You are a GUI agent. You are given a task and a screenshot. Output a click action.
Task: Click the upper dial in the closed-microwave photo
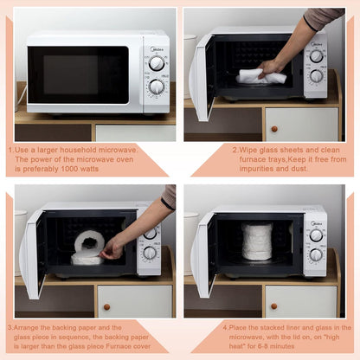pyautogui.click(x=157, y=64)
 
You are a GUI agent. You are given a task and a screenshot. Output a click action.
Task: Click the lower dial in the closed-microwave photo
pyautogui.click(x=157, y=87)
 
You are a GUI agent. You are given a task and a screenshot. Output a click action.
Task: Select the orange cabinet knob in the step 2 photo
pyautogui.click(x=274, y=129)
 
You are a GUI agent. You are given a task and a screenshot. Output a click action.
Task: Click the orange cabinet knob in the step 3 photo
pyautogui.click(x=106, y=306)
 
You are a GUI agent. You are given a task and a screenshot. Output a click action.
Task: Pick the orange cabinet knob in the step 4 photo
pyautogui.click(x=274, y=306)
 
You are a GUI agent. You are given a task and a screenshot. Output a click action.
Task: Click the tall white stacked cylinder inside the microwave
pyautogui.click(x=257, y=241)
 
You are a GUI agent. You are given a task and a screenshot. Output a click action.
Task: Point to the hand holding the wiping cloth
pyautogui.click(x=271, y=68)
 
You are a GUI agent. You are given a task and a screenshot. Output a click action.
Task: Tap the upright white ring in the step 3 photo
pyautogui.click(x=89, y=241)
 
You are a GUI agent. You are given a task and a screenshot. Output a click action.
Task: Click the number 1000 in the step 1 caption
pyautogui.click(x=69, y=169)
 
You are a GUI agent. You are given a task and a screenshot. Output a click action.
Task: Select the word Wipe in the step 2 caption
pyautogui.click(x=248, y=150)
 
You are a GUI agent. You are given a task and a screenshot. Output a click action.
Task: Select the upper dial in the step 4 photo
pyautogui.click(x=316, y=235)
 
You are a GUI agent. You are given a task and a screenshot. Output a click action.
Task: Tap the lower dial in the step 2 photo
pyautogui.click(x=317, y=76)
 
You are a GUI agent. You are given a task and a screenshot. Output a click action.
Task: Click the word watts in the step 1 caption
pyautogui.click(x=89, y=169)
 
